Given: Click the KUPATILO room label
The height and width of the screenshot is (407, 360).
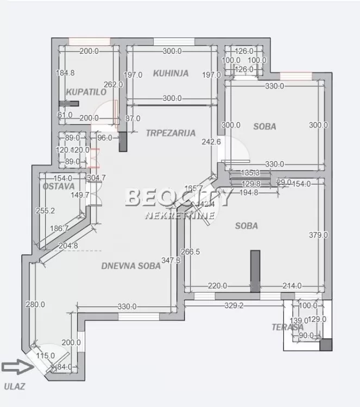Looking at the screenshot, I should [86, 92].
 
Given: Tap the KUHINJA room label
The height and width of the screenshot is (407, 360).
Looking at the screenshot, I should [170, 73].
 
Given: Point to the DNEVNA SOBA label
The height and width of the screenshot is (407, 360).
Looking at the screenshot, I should [131, 266].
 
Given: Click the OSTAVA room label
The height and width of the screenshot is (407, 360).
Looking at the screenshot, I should [58, 186].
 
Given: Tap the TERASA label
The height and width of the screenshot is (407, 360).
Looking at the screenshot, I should [288, 327].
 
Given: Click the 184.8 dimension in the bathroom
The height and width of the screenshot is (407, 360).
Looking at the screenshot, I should [65, 73].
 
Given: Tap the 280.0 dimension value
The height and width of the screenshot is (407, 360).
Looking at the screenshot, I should [35, 305].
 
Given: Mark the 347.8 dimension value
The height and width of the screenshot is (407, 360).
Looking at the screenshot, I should [171, 260].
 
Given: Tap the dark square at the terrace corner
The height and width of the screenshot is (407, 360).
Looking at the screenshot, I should [326, 345].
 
